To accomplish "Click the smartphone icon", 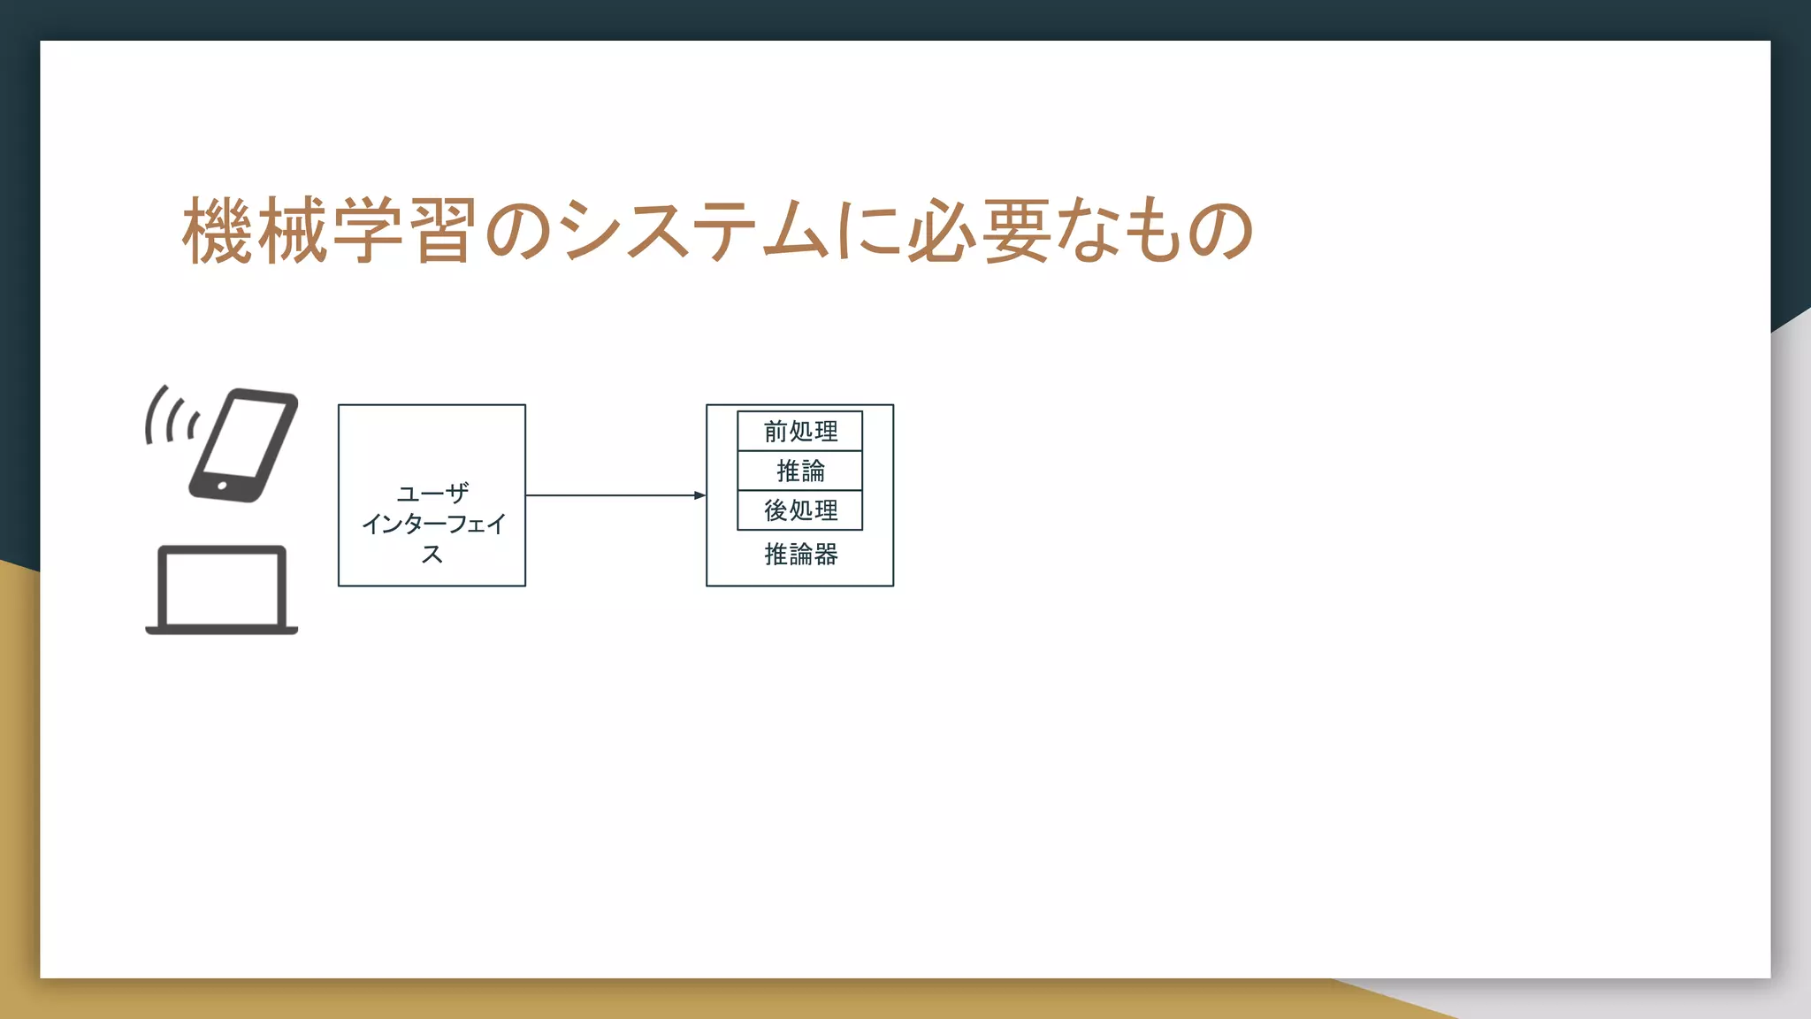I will tap(243, 445).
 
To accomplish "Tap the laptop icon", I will tap(221, 590).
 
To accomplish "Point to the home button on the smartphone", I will tap(221, 486).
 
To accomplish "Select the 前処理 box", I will tap(800, 432).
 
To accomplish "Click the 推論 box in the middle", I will tap(800, 471).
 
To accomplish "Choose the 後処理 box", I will tap(800, 510).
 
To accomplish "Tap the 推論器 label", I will tap(800, 555).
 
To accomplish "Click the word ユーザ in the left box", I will tap(432, 493).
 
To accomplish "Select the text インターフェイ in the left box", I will tap(432, 524).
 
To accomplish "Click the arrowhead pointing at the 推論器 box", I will tap(699, 495).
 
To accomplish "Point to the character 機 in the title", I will tap(217, 232).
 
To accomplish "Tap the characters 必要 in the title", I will tap(979, 232).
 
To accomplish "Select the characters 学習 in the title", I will tap(405, 232).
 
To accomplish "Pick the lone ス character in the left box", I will tap(432, 555).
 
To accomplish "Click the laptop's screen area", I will tap(221, 586).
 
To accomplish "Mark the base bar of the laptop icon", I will tap(221, 630).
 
